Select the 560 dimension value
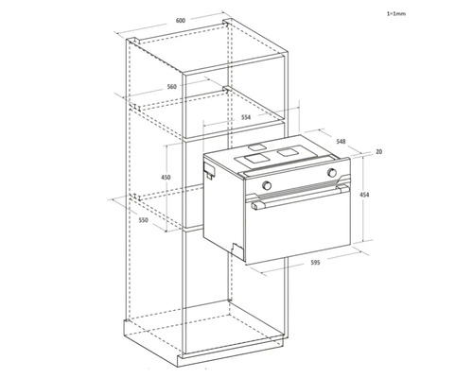[171, 86]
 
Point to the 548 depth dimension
[340, 142]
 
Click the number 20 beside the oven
[377, 151]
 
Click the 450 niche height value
[166, 178]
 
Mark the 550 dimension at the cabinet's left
[143, 220]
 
